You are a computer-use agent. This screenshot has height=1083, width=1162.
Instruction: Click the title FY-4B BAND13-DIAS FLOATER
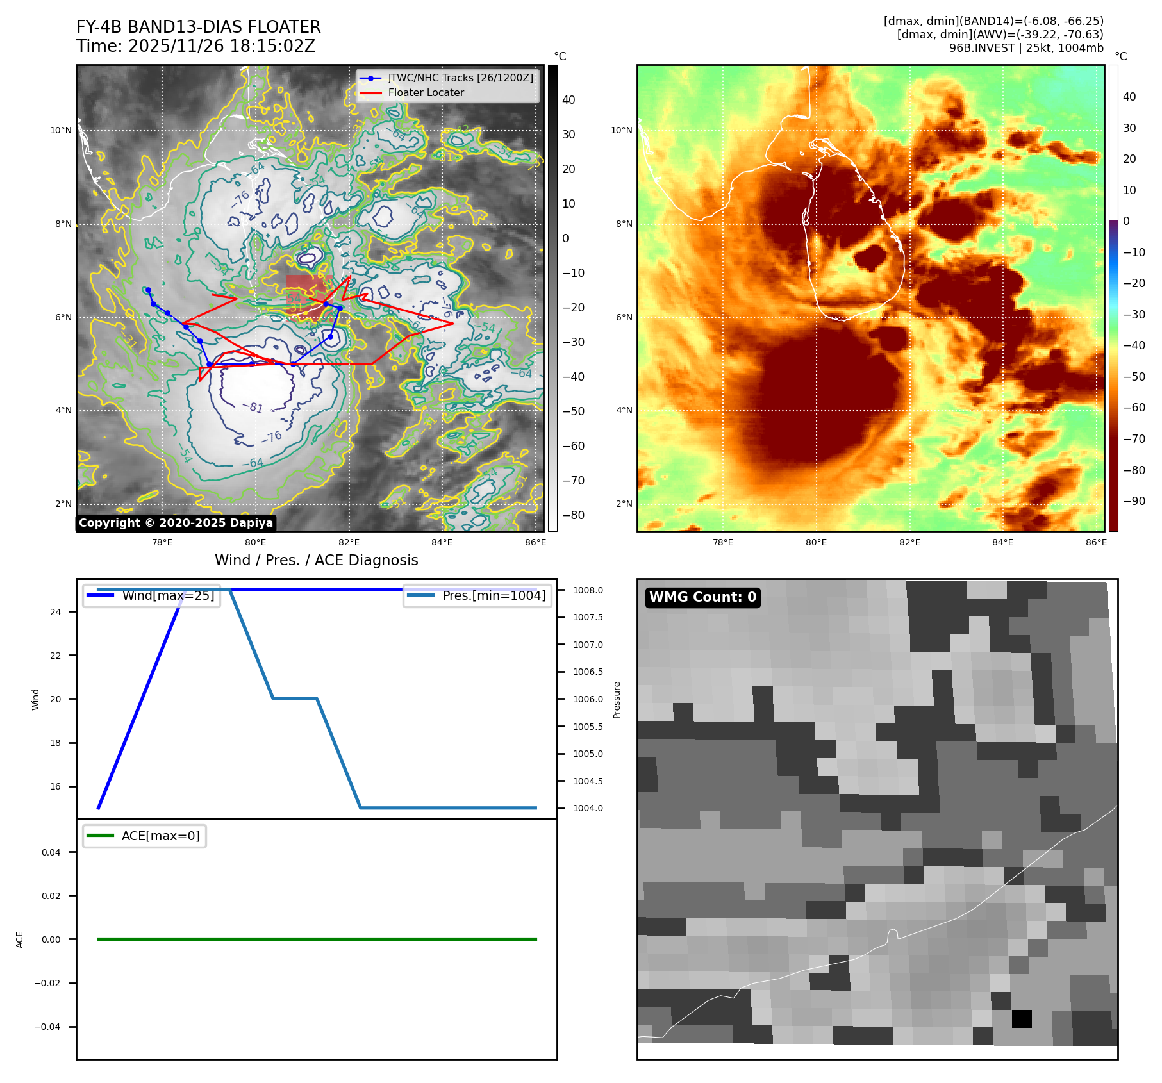point(198,27)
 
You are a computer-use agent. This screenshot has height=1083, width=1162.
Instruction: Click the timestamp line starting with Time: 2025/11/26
point(195,46)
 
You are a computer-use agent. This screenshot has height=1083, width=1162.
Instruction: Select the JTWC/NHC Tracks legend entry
point(460,78)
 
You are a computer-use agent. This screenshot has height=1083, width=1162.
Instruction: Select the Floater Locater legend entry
point(426,92)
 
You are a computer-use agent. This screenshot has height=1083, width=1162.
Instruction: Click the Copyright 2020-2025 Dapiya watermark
point(176,523)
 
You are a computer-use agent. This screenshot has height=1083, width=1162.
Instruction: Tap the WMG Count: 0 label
point(702,597)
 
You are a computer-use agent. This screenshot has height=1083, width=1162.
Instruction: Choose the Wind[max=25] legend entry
point(168,595)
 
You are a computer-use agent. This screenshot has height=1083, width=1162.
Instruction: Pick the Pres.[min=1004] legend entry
point(494,595)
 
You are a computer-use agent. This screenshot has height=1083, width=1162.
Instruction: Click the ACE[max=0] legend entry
point(160,836)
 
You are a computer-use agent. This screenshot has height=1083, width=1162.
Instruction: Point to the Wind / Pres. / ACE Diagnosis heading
point(316,560)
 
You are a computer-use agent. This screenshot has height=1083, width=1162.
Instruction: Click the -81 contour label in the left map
point(253,408)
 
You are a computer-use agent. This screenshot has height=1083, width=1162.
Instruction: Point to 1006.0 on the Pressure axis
point(588,699)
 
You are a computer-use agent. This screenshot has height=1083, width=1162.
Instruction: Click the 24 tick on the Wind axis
point(56,612)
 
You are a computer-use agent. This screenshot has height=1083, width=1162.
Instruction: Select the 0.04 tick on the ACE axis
point(51,852)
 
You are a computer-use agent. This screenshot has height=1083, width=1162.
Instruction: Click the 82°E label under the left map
point(349,542)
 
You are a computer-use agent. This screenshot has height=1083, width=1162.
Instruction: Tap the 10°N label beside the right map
point(621,130)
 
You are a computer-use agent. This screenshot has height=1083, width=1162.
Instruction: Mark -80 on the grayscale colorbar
point(573,515)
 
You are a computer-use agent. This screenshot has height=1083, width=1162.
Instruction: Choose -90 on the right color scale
point(1134,501)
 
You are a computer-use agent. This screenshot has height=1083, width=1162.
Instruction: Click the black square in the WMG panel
point(1022,1018)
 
